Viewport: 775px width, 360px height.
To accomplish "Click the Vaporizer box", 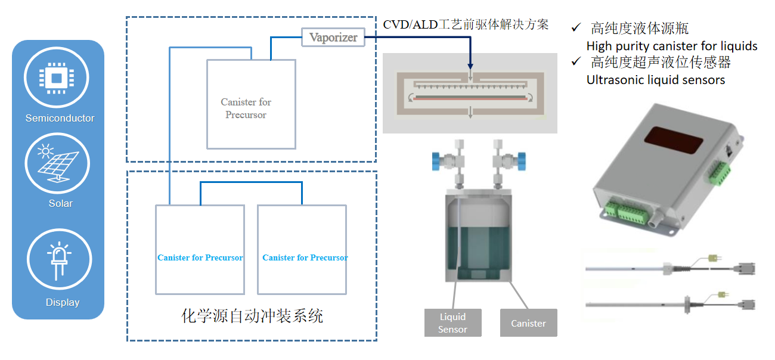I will (x=333, y=38).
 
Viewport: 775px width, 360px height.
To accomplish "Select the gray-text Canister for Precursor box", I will (x=251, y=104).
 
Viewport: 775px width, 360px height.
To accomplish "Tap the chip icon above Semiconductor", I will (x=56, y=77).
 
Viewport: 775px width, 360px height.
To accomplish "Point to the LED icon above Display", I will (x=59, y=261).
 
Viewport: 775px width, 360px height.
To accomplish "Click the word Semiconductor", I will (x=60, y=118).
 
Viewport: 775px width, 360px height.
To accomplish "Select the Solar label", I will (x=60, y=203).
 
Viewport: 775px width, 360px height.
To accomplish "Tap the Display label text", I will (x=62, y=302).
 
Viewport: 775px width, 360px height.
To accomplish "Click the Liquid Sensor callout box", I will (x=452, y=322).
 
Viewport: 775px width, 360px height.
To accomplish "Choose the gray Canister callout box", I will (x=528, y=323).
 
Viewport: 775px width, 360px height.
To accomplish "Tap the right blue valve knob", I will (x=522, y=159).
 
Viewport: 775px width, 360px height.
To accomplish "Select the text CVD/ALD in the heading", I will (x=410, y=24).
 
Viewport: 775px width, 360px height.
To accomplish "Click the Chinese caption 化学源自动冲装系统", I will (x=252, y=315).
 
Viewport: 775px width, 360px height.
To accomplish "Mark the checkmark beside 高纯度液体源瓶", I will (x=576, y=27).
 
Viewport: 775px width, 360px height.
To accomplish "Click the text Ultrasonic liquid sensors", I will (x=656, y=80).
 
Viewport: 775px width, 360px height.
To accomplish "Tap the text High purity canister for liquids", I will (x=672, y=46).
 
